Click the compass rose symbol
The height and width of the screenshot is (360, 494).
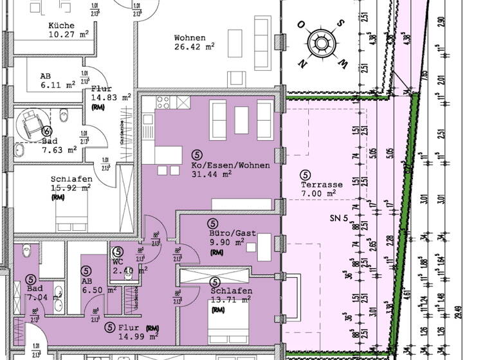320,44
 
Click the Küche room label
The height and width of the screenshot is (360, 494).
61,26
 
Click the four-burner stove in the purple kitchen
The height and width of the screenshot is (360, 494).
163,104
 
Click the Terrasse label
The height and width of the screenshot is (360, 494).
322,184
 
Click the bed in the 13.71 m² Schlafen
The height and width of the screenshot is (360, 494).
227,331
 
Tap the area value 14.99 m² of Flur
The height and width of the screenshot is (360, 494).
138,336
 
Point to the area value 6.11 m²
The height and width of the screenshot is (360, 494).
58,84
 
